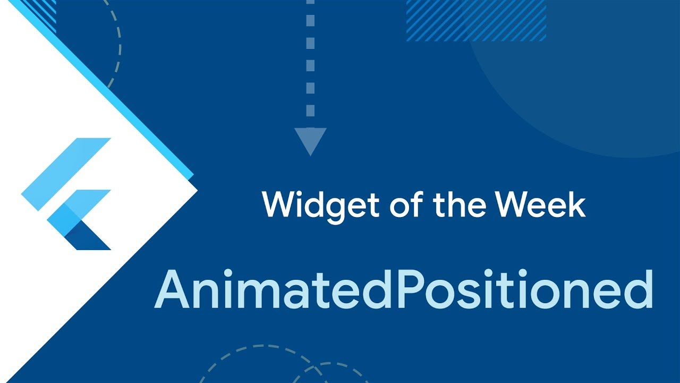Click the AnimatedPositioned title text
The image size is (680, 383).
403,290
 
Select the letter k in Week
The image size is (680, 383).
576,204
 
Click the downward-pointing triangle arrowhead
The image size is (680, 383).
310,140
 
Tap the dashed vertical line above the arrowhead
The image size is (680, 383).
310,64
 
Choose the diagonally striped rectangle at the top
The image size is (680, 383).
475,20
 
